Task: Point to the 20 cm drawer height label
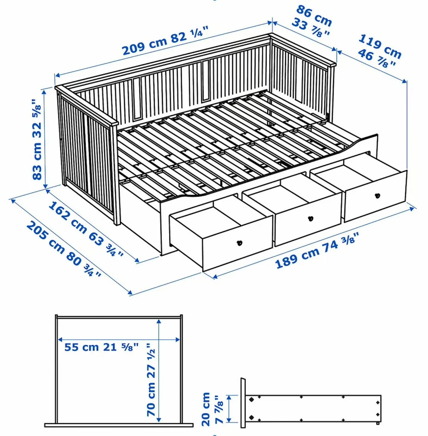206,409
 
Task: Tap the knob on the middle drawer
310,219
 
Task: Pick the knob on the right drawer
377,195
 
